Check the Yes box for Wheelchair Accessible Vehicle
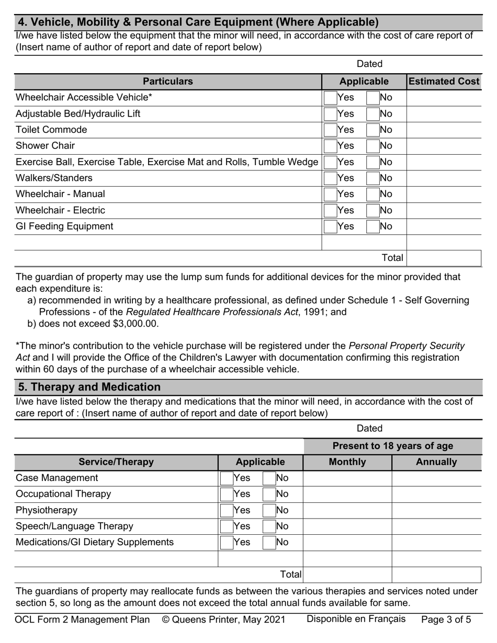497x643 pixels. pos(330,98)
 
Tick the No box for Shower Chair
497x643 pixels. pos(373,146)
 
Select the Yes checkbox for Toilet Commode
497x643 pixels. pos(330,130)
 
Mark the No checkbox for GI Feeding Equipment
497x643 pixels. pos(373,227)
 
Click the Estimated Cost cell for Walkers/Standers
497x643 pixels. pos(443,178)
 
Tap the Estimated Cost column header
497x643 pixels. pos(444,82)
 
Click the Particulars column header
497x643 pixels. pos(167,82)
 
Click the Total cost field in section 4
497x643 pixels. pos(443,258)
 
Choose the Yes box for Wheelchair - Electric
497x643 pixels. pos(330,211)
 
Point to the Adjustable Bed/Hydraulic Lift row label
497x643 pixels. pos(78,114)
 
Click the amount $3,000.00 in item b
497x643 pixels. pos(134,324)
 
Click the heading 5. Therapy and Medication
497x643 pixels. pos(89,387)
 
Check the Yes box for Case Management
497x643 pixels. pos(227,478)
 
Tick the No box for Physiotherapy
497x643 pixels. pos(269,511)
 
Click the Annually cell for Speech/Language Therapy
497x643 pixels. pos(436,526)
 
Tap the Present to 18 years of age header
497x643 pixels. pos(392,446)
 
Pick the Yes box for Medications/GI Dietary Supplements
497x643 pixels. pos(227,543)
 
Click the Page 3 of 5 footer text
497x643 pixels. pos(446,620)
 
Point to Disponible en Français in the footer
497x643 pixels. pos(356,619)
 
